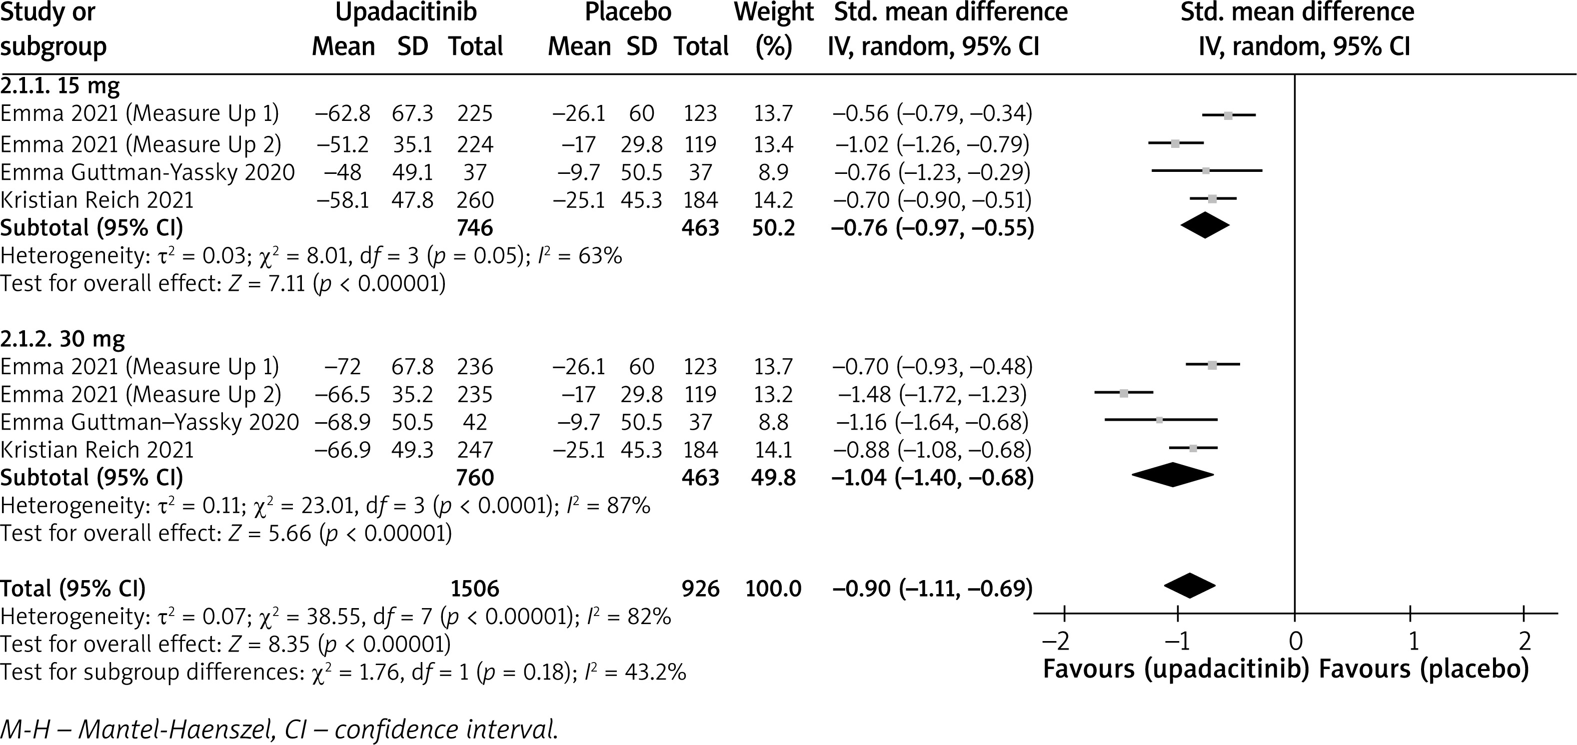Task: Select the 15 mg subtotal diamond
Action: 1204,225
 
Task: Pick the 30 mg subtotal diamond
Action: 1172,475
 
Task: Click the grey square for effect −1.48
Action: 1123,393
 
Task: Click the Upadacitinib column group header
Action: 406,13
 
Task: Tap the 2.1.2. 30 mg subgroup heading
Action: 62,339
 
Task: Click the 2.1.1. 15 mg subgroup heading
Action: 60,86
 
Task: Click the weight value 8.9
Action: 774,172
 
